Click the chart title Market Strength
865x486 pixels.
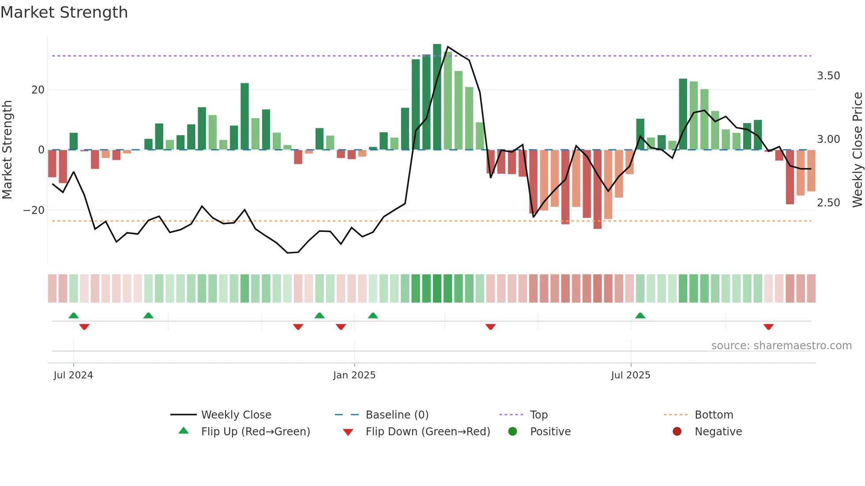coord(64,12)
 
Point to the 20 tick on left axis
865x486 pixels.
coord(38,90)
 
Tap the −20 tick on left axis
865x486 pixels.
coord(34,210)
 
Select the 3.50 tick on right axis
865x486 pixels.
coord(828,76)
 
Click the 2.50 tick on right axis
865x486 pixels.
coord(828,203)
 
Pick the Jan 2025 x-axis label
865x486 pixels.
coord(354,375)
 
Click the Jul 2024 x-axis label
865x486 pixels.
coord(73,375)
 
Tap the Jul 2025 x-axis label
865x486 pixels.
coord(631,375)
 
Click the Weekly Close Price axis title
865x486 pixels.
coord(857,150)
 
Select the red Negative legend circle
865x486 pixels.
coord(677,432)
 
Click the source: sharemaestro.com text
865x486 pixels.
coord(781,346)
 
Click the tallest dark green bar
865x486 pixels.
coord(437,97)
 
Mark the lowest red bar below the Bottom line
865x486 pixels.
coord(598,190)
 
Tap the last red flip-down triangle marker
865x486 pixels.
coord(768,327)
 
